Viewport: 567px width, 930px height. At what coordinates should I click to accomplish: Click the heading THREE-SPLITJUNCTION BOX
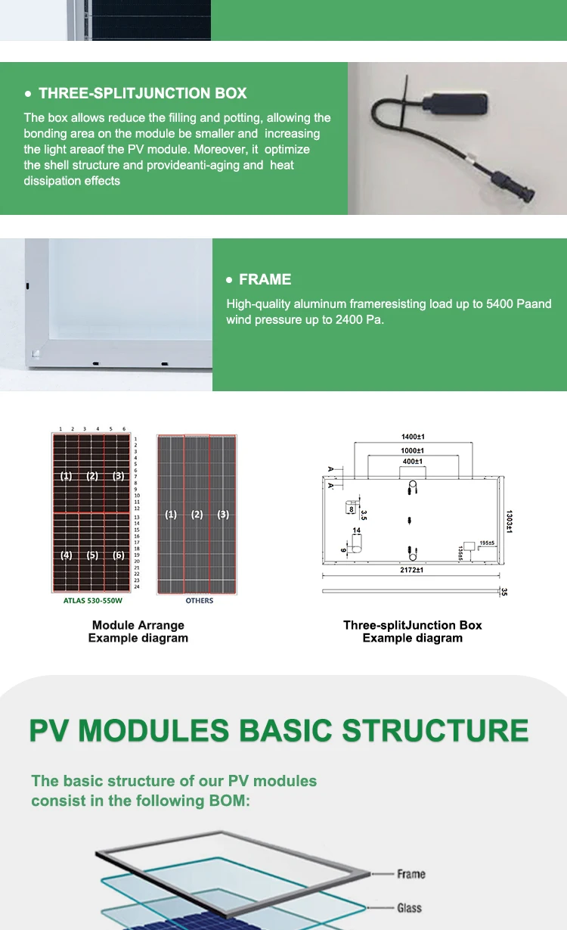pos(143,94)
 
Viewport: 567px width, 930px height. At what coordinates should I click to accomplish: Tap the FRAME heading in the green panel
pos(265,280)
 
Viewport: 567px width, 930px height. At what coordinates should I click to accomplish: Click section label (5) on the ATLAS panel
pos(92,555)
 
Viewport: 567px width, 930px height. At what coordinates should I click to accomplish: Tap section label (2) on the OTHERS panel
pos(197,515)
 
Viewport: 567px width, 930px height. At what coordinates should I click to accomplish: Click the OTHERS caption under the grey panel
pos(199,601)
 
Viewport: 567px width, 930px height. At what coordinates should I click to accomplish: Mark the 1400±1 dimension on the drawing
pos(413,437)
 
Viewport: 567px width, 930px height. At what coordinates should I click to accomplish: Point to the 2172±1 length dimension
pos(412,570)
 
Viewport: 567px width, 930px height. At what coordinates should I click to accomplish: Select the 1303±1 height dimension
pos(510,521)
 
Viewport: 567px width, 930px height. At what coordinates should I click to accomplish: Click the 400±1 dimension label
pos(413,462)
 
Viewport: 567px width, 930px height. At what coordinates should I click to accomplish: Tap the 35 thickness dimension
pos(504,592)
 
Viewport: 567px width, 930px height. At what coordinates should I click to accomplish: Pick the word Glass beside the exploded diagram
pos(409,908)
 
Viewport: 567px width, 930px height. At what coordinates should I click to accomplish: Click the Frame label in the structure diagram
pos(411,874)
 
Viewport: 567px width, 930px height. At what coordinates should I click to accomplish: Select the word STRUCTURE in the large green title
pos(435,731)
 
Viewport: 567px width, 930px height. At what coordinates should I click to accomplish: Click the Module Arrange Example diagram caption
pos(138,632)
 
